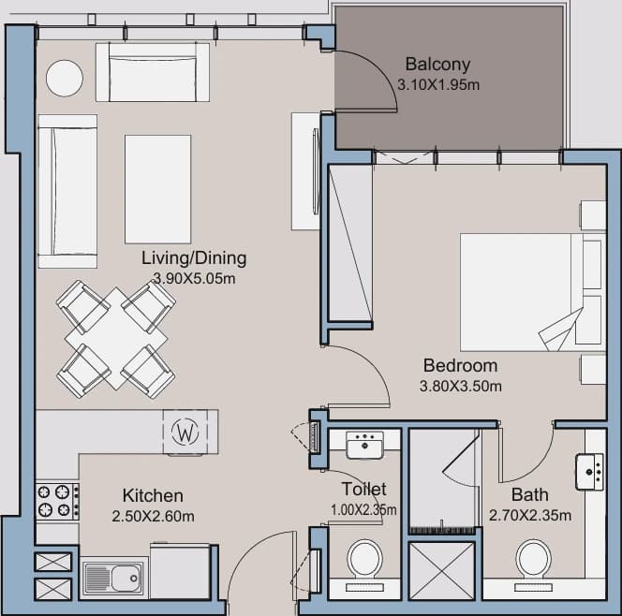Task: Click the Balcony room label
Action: click(437, 65)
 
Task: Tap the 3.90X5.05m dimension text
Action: click(195, 279)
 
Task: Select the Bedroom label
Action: click(460, 365)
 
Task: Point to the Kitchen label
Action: click(153, 495)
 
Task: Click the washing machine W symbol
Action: click(185, 432)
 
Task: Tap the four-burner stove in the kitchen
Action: click(57, 501)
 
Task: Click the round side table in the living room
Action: click(65, 78)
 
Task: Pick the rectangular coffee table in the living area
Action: click(158, 189)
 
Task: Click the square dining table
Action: click(116, 338)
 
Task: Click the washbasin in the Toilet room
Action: click(364, 446)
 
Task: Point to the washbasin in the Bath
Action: click(590, 472)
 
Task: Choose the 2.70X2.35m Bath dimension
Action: click(530, 515)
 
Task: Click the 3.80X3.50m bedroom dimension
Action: click(461, 386)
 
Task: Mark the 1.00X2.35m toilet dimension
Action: click(363, 510)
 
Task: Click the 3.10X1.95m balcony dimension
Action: click(438, 85)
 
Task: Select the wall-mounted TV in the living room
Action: click(316, 171)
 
